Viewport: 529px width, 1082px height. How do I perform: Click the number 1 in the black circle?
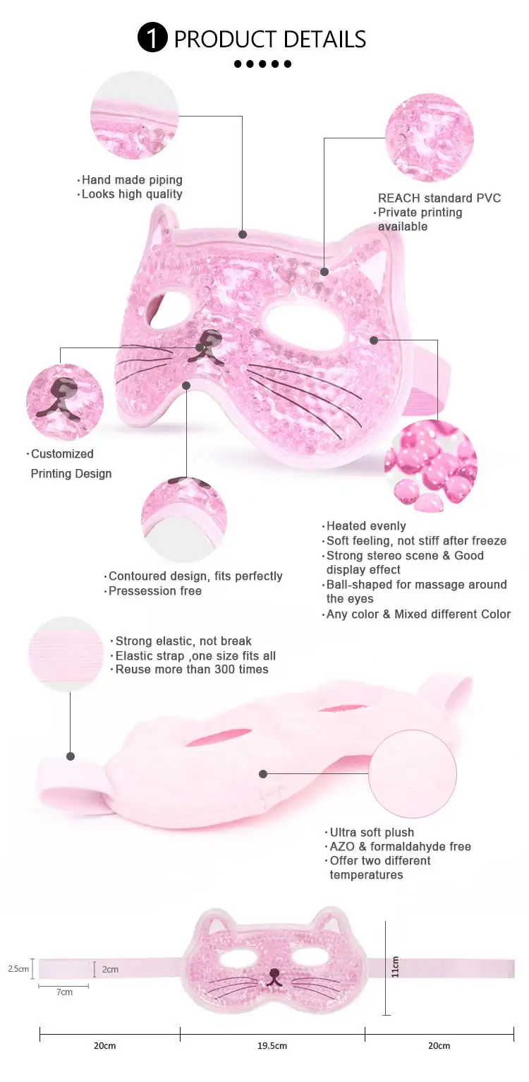click(152, 38)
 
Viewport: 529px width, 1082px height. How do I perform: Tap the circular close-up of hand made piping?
click(135, 115)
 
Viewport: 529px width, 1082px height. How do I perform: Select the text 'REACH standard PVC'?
click(439, 198)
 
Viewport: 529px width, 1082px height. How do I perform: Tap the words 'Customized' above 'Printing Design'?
click(62, 453)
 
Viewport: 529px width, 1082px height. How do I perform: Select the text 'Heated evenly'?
click(366, 526)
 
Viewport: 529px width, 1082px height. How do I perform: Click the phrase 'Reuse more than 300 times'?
click(192, 669)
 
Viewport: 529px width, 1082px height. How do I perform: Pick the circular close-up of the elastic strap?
click(66, 653)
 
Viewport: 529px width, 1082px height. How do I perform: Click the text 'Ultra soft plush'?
click(372, 832)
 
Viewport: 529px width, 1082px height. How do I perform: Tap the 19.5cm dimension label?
click(272, 1045)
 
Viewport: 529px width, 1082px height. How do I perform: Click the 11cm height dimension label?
click(396, 967)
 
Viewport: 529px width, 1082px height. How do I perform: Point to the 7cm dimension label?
click(64, 992)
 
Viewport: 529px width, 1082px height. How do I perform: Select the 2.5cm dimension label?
click(18, 969)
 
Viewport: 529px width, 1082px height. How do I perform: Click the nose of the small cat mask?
click(274, 973)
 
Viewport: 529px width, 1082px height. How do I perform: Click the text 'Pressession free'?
click(154, 590)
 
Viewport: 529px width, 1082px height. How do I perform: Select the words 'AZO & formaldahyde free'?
click(400, 846)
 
